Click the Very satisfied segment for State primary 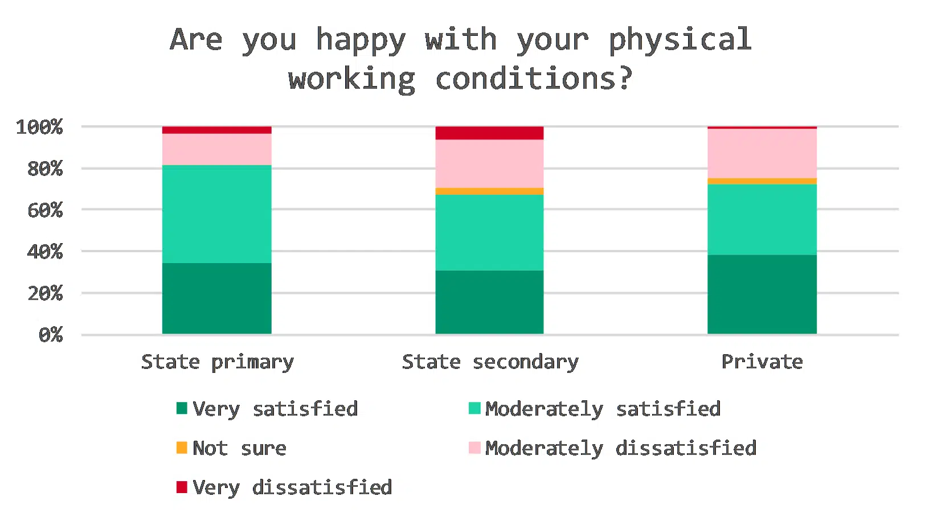[x=216, y=298]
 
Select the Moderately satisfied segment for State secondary [x=489, y=232]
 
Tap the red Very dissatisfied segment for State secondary [x=489, y=133]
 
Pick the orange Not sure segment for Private [x=762, y=181]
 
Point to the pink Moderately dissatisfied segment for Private [x=762, y=153]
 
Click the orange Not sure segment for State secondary [x=489, y=191]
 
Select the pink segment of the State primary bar [x=216, y=149]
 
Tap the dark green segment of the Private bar [x=762, y=294]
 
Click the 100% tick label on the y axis [x=39, y=127]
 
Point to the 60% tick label [x=45, y=210]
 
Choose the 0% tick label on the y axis [x=51, y=335]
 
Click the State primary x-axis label [x=218, y=362]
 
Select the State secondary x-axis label [x=490, y=362]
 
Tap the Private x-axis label [x=762, y=362]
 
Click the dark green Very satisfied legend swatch [x=182, y=408]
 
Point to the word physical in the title [x=680, y=40]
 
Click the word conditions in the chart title [x=534, y=79]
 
